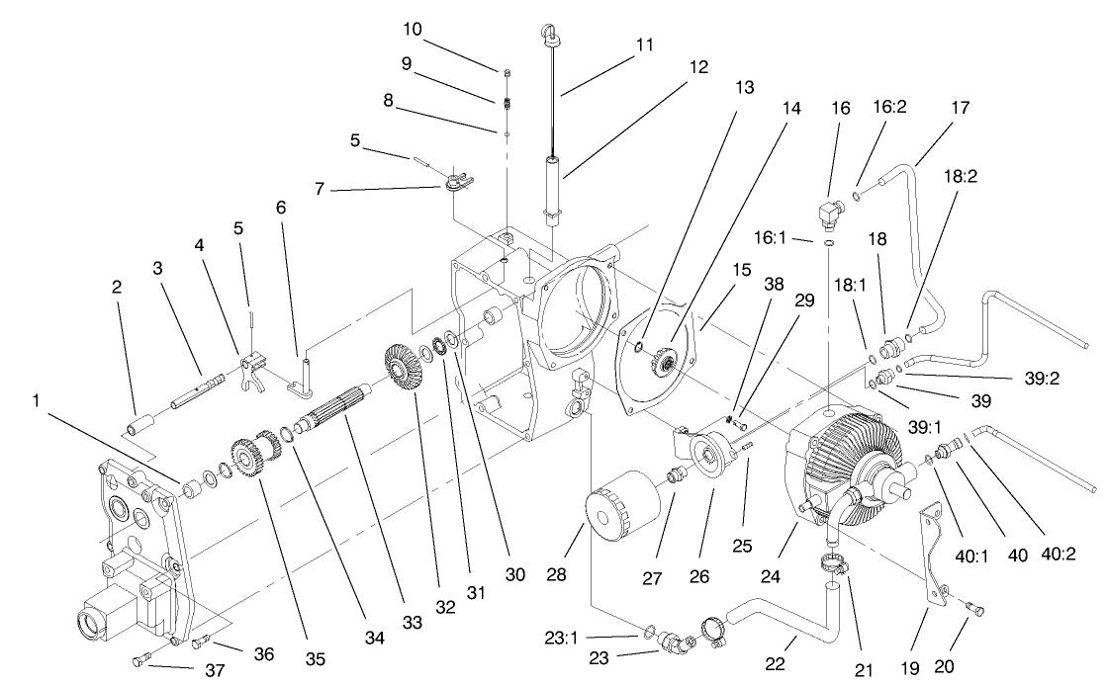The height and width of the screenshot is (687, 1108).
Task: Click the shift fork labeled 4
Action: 252,372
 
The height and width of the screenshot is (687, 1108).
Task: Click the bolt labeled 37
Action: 140,660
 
